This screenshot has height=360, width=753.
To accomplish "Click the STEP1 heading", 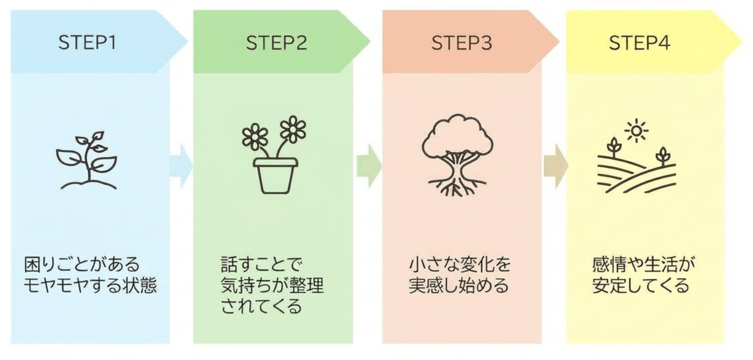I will click(87, 43).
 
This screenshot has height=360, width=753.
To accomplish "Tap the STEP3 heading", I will click(462, 43).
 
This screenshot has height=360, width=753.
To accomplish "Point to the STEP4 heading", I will click(639, 43).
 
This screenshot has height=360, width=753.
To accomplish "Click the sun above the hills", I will click(637, 131).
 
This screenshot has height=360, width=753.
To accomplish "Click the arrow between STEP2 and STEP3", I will click(369, 166).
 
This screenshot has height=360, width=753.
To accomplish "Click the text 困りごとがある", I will click(82, 265).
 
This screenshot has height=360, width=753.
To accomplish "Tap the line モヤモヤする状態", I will click(90, 285).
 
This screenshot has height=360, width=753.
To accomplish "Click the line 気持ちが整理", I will click(272, 285).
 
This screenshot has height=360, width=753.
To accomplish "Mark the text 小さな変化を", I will click(459, 265).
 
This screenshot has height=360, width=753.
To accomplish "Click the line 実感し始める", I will click(459, 285).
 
